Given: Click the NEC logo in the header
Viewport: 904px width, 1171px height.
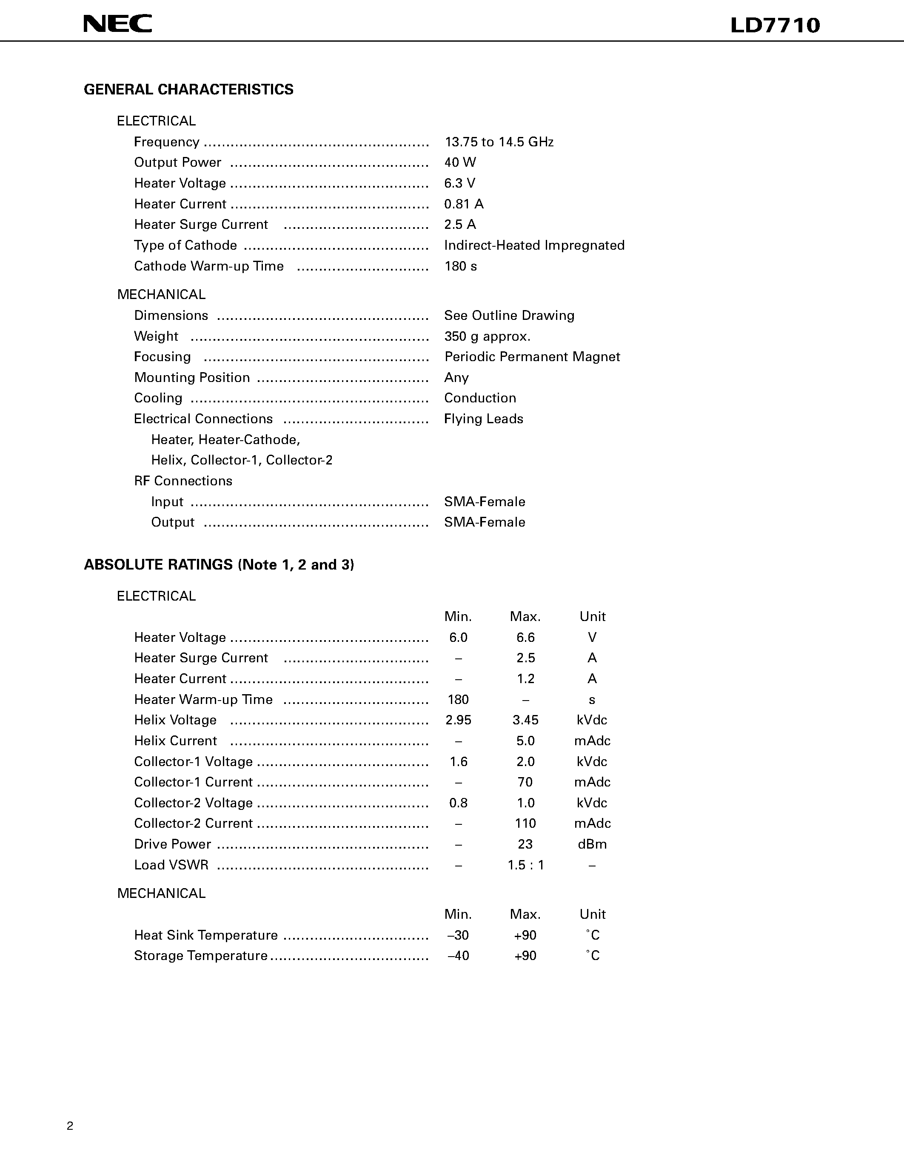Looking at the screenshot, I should (x=117, y=23).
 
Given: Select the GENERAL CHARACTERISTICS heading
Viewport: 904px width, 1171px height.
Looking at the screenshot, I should (x=189, y=90).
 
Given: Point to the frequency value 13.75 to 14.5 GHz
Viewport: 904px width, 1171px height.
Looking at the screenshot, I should (x=499, y=142).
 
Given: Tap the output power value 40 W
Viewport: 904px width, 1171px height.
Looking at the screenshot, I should (x=460, y=162).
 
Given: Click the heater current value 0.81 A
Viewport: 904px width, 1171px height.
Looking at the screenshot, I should (x=464, y=204).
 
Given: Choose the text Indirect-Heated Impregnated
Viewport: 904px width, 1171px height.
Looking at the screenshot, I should (x=534, y=245).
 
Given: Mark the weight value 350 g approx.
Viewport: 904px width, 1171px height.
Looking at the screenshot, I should (x=487, y=337).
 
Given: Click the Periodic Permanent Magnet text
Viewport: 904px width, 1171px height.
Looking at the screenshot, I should (x=532, y=357).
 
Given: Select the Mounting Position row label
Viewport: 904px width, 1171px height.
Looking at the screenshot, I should (x=192, y=378).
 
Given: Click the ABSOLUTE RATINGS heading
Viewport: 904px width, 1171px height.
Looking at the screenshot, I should (x=219, y=564).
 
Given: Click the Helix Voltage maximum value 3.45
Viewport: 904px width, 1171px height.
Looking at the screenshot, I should (x=525, y=720).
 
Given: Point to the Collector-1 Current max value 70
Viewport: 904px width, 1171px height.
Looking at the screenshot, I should (x=525, y=782).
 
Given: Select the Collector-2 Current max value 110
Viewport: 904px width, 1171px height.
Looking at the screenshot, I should (x=525, y=823).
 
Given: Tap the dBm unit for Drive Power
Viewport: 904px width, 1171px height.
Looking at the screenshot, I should (x=592, y=844).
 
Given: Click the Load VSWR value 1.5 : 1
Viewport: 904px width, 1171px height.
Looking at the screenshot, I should (x=525, y=865).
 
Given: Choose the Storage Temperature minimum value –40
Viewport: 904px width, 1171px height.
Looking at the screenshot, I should (x=458, y=956).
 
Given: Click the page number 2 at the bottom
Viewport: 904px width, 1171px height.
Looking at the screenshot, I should (x=70, y=1126).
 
